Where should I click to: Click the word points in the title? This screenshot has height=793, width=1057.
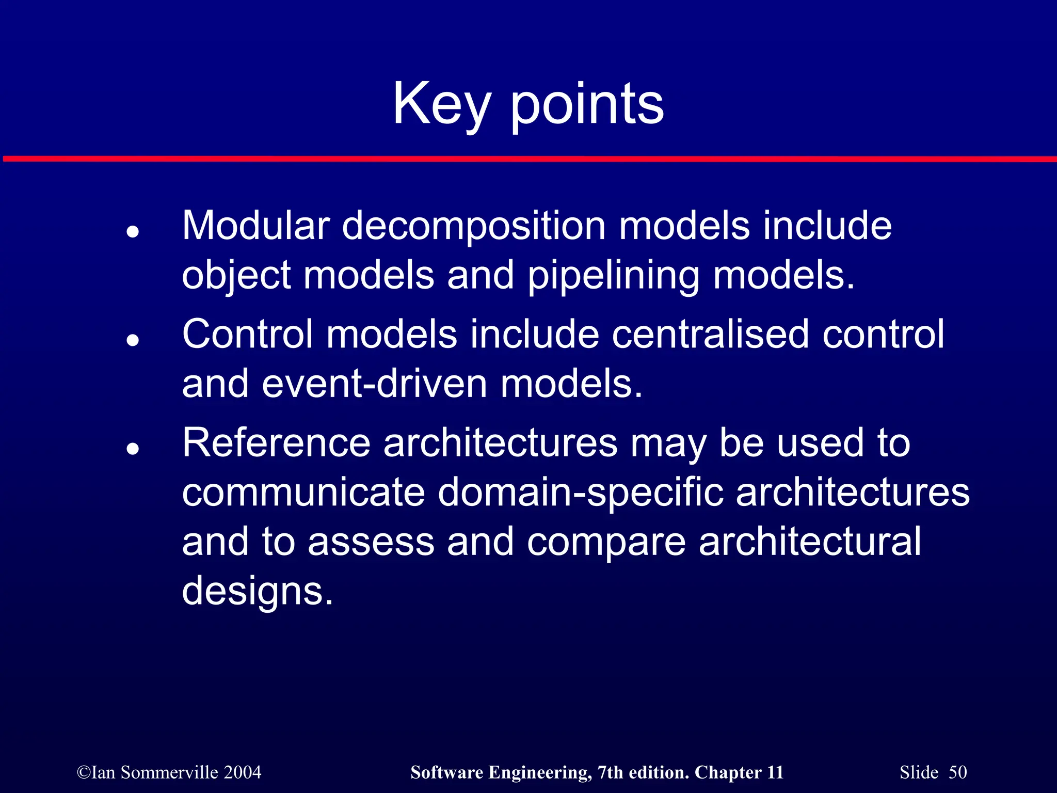(x=587, y=106)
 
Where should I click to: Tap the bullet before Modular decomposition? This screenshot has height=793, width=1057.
(x=133, y=232)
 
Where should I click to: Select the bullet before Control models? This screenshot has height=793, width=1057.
(x=133, y=340)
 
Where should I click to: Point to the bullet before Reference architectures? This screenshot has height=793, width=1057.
(x=133, y=449)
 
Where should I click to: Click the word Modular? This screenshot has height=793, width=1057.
(x=256, y=226)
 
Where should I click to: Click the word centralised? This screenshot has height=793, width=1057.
(x=710, y=334)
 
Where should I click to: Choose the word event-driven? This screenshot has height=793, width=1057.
(x=375, y=384)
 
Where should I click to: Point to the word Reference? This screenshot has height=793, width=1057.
(x=276, y=442)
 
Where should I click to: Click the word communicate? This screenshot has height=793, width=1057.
(x=303, y=492)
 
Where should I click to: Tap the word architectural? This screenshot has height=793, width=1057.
(x=809, y=542)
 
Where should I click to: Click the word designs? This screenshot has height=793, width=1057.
(x=257, y=591)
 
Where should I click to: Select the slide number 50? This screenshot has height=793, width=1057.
(x=957, y=772)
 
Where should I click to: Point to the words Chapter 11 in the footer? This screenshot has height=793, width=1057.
(x=739, y=772)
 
